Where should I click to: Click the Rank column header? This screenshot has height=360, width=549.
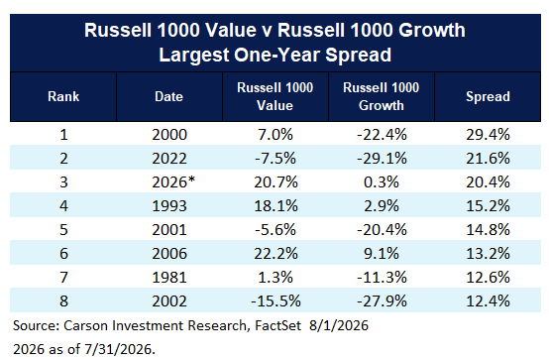(63, 96)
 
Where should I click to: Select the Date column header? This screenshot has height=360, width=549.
(169, 96)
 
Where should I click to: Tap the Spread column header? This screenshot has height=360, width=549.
(488, 96)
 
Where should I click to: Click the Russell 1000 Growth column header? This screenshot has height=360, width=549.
(382, 96)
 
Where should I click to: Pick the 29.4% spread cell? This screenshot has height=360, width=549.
(488, 135)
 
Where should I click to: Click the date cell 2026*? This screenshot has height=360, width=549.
(173, 181)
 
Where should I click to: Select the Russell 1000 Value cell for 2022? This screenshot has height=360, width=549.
(275, 159)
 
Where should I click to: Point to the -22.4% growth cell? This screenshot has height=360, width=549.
(382, 135)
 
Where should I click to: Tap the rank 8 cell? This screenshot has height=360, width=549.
(63, 301)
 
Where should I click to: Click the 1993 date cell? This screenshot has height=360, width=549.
(169, 205)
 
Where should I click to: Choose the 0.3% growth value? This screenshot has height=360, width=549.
(382, 181)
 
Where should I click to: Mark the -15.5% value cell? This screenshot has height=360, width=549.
(275, 301)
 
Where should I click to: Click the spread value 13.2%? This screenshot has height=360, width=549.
(488, 254)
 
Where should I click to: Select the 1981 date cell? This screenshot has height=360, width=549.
(169, 278)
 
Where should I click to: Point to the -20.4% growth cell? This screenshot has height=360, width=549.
(382, 230)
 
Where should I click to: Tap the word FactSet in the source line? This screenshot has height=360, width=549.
(278, 325)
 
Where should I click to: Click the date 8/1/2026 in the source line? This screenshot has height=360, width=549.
(339, 325)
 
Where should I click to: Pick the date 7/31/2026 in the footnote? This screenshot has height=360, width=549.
(119, 349)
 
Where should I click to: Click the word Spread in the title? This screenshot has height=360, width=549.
(358, 55)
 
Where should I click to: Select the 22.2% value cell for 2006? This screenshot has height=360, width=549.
(275, 254)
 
